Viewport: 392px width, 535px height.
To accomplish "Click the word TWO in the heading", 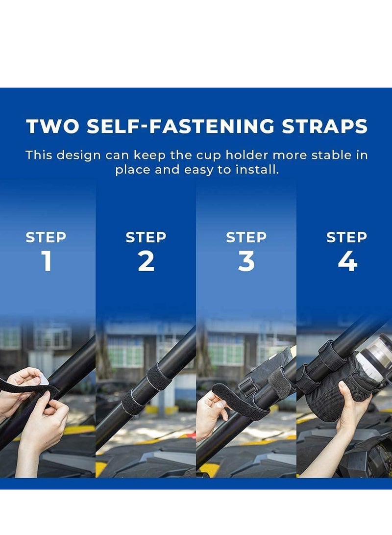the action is click(53, 126).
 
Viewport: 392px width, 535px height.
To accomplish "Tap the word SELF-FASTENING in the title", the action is click(181, 126).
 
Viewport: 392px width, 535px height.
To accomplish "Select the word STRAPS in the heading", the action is click(325, 126).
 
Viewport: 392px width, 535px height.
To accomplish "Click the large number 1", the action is click(47, 261).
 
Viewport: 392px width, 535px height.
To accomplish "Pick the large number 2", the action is click(146, 261).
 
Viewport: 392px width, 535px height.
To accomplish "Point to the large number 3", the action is click(246, 261).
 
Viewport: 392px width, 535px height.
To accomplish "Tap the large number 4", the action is click(347, 261).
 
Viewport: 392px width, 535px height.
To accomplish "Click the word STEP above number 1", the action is click(46, 237).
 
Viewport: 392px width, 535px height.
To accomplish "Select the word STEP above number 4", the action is click(346, 237).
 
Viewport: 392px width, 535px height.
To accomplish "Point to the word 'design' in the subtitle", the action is click(79, 155).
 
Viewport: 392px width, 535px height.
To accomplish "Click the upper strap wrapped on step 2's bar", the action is click(159, 377).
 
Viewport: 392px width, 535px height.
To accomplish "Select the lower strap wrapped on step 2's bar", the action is click(134, 403).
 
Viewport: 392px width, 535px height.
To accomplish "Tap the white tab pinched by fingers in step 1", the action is click(44, 380).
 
